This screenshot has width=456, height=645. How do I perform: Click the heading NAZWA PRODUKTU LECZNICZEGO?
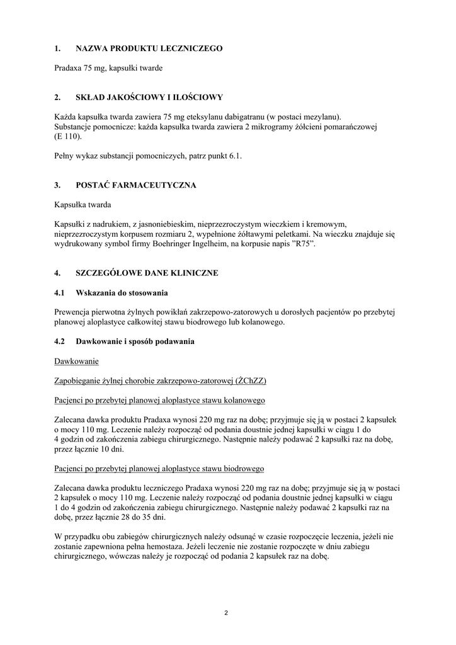149,48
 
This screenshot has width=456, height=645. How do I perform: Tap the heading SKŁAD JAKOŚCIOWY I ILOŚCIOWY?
149,97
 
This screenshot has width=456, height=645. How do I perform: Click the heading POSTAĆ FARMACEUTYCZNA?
135,185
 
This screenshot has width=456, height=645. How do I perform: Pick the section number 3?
57,185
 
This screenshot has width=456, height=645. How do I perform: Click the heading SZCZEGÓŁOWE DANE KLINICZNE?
147,273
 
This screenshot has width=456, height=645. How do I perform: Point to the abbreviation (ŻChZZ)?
251,381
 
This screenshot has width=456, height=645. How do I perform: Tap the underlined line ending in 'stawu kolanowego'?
159,401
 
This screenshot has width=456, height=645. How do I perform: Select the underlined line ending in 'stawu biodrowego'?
159,469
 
